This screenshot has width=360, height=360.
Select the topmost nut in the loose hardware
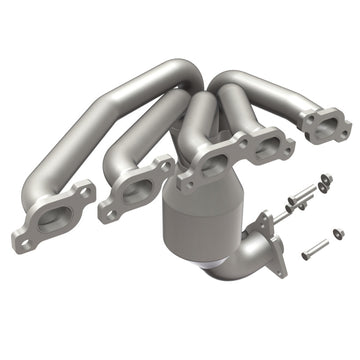click(325, 180)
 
